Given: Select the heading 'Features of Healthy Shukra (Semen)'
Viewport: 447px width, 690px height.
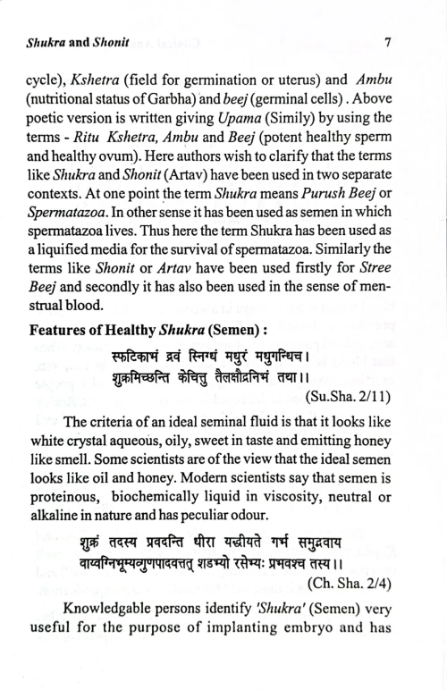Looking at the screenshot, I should [x=163, y=351].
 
